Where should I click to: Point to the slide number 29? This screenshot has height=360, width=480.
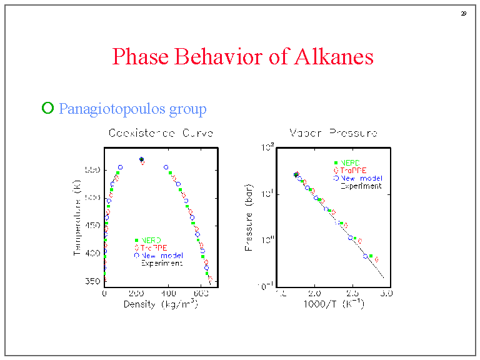tap(464, 14)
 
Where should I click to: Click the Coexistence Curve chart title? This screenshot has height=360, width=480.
tap(161, 133)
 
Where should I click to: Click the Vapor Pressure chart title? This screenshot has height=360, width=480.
tap(332, 133)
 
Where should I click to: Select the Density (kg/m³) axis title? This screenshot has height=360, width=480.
tap(161, 304)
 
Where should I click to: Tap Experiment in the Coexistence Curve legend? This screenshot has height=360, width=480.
tap(161, 263)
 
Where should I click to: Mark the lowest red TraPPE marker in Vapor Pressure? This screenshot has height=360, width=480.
tap(376, 259)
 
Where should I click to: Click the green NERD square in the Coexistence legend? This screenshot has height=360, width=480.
tap(136, 240)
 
